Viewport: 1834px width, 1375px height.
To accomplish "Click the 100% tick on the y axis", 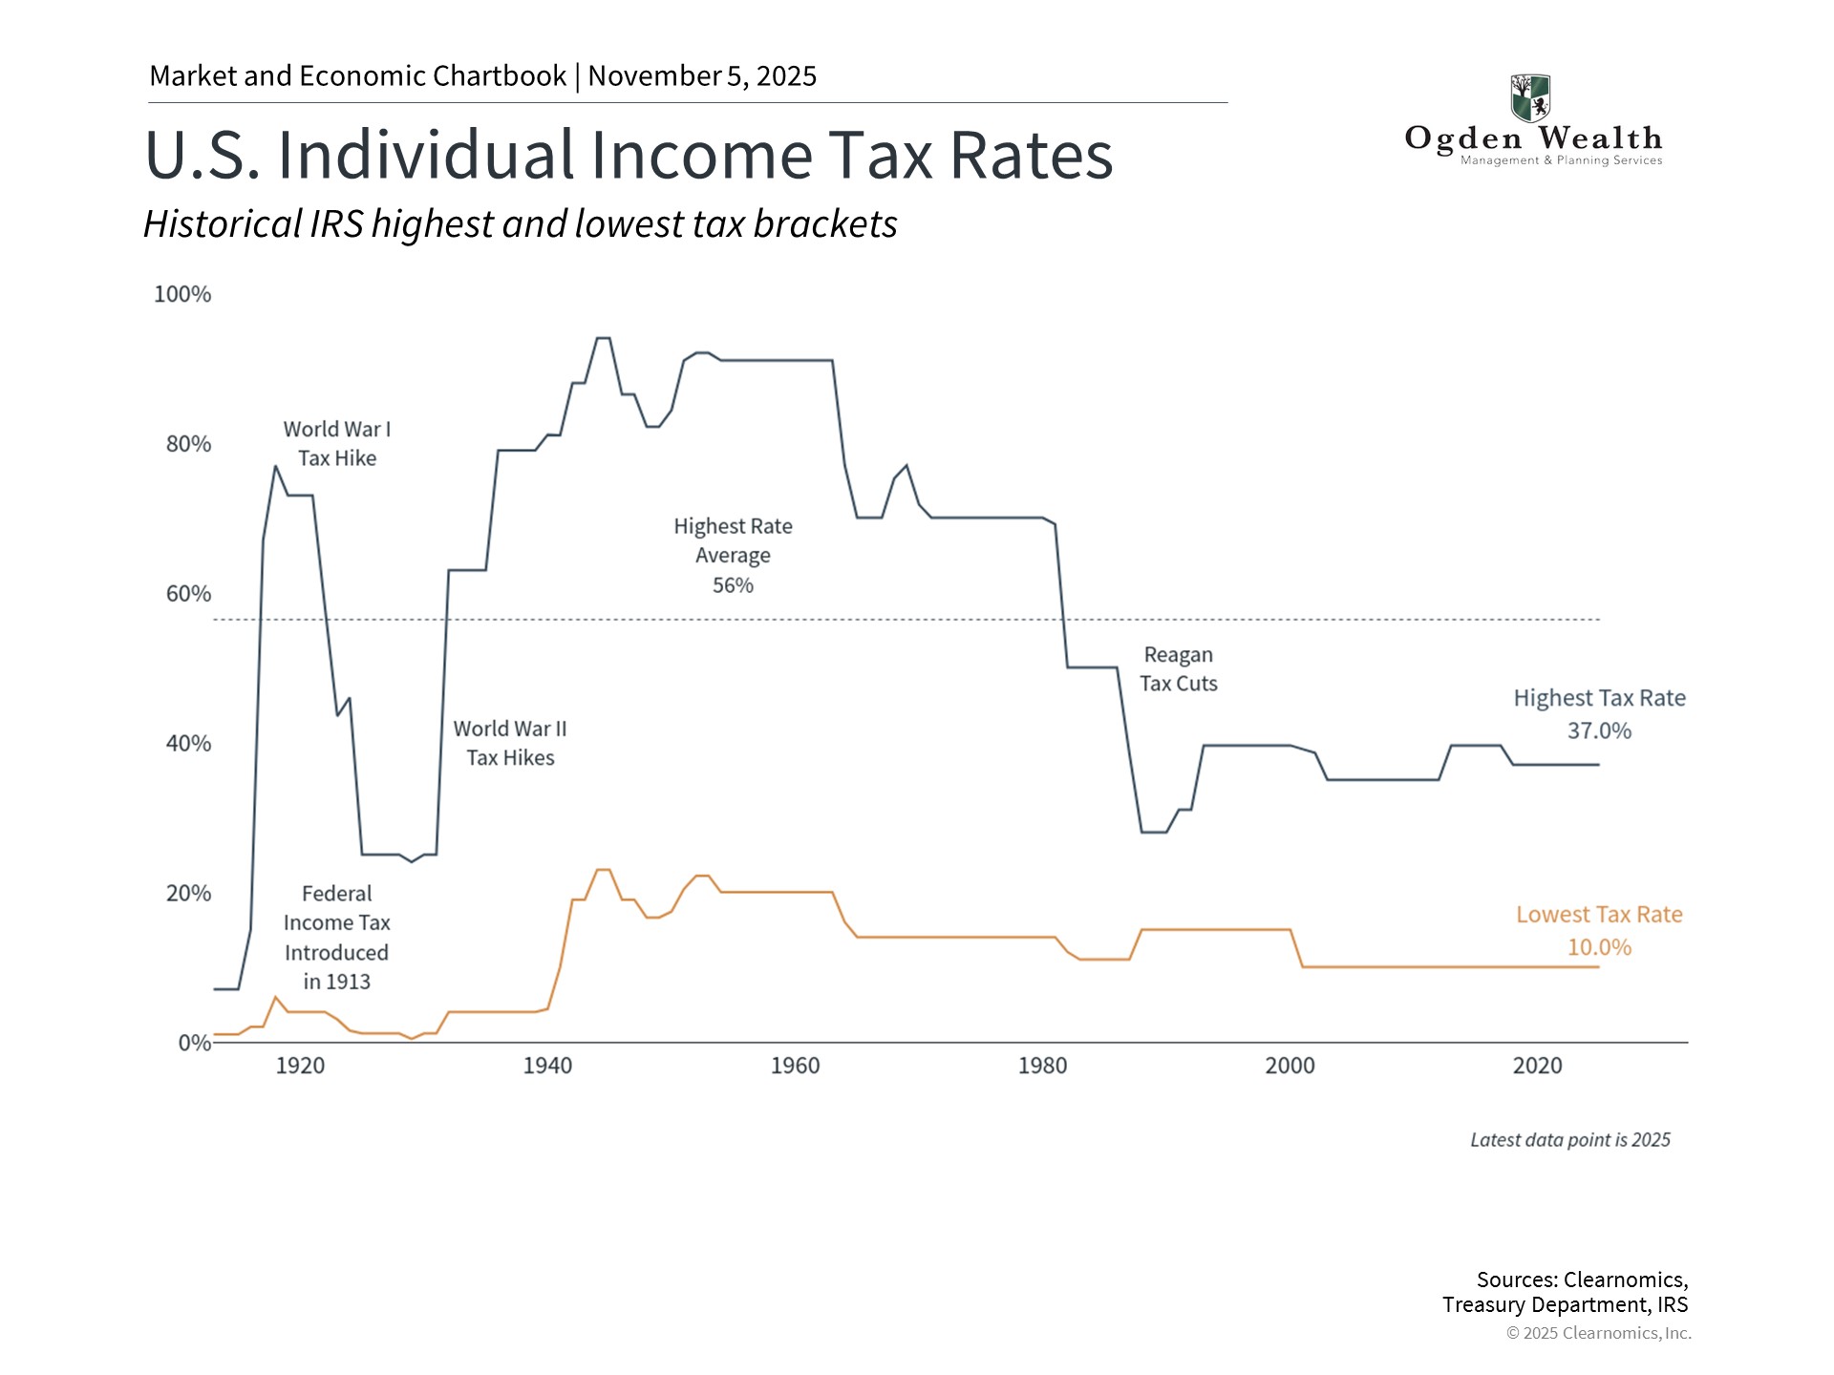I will click(x=182, y=294).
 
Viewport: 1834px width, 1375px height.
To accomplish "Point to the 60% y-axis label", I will click(x=188, y=594).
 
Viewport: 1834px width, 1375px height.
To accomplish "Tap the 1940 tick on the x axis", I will click(x=547, y=1066).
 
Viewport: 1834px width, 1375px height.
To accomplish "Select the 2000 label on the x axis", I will click(x=1290, y=1066).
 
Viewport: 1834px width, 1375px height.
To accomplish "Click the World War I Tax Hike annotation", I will click(x=337, y=444).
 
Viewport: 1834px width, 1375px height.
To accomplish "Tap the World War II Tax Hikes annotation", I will click(x=510, y=743).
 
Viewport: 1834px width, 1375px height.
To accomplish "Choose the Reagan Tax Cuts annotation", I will click(x=1178, y=669).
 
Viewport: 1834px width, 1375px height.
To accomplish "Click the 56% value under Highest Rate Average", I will click(x=733, y=585).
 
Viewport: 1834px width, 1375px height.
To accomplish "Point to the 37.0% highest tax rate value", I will click(x=1599, y=731).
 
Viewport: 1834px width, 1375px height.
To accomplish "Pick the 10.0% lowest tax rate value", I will click(x=1599, y=947).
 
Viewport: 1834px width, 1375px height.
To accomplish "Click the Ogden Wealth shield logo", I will click(x=1530, y=98).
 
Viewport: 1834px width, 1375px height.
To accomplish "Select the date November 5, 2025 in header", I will click(x=702, y=76).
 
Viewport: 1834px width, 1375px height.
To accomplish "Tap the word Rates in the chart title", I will click(x=1031, y=155).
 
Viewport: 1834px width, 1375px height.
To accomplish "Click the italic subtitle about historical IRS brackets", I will click(x=521, y=224).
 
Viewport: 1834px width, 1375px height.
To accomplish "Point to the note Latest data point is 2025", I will click(x=1569, y=1140).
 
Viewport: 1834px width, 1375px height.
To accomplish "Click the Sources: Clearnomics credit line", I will click(x=1582, y=1280).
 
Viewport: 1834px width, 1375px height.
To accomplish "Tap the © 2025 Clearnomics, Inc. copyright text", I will click(x=1598, y=1333).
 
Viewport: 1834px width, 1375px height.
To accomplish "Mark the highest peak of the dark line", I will click(x=603, y=338).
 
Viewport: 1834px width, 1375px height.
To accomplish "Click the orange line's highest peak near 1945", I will click(x=603, y=870).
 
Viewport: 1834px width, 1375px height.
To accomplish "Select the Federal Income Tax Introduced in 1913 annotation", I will click(x=336, y=938).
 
